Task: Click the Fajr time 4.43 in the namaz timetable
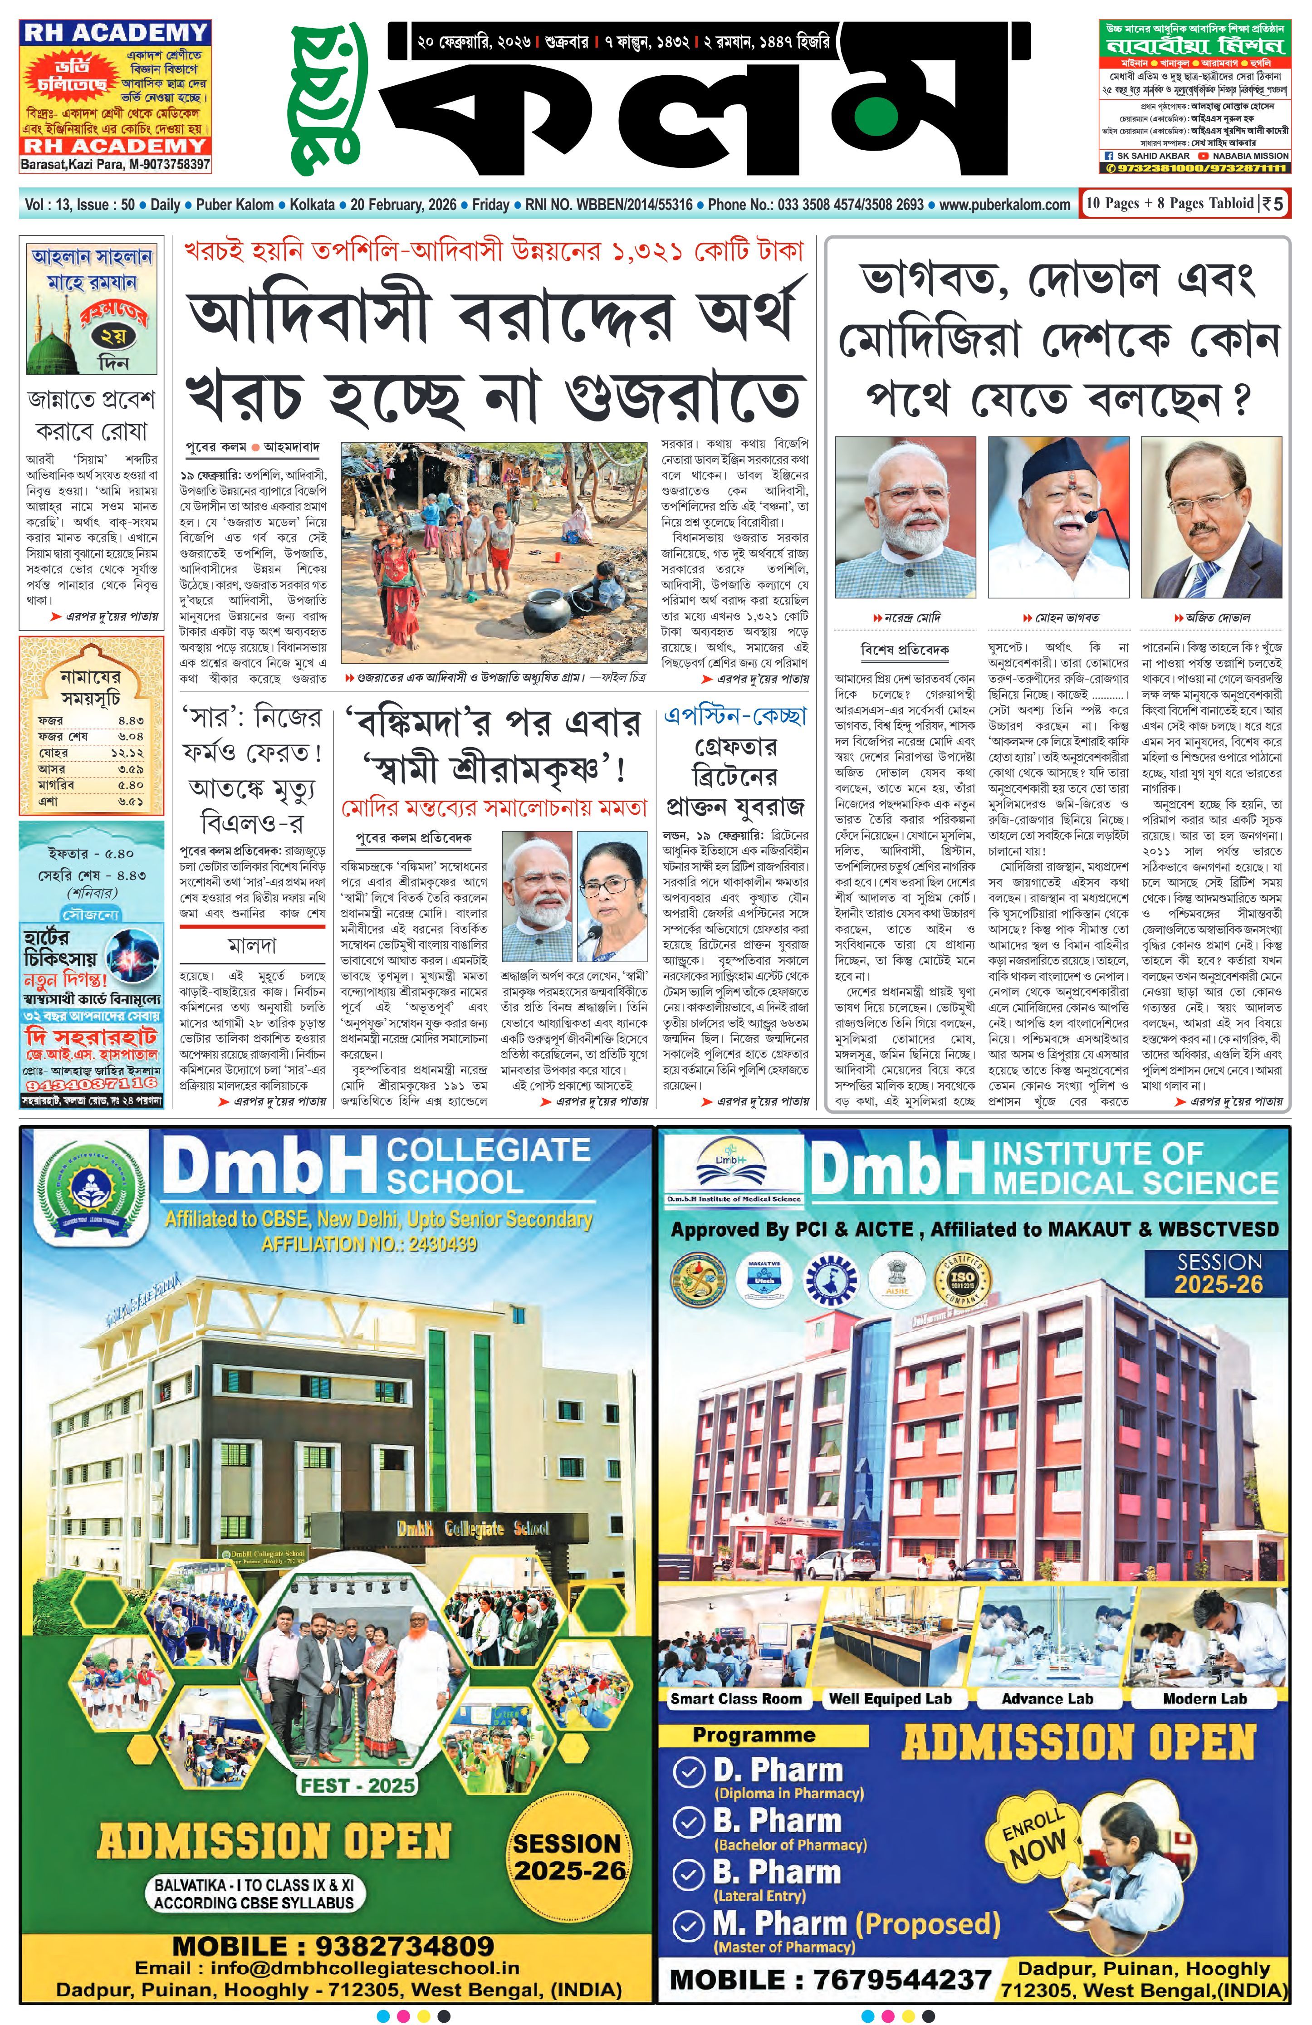tap(130, 720)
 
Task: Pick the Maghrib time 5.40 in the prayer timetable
tap(130, 784)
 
